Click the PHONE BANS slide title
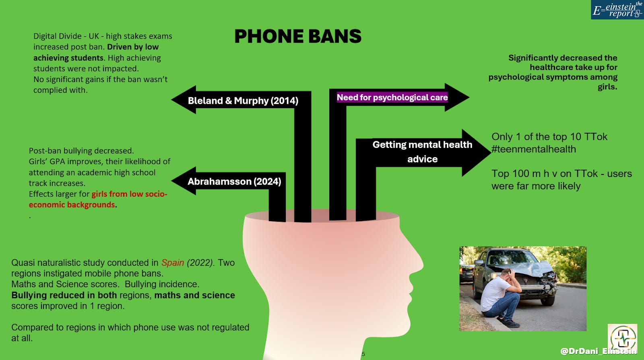298,36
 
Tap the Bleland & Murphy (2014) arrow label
243,101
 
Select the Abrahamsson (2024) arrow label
234,181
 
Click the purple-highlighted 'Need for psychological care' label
392,97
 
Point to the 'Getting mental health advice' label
422,152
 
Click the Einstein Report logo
617,10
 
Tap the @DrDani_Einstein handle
598,351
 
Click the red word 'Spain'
172,263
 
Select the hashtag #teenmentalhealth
534,149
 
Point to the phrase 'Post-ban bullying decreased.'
81,151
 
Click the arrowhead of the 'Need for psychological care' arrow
457,97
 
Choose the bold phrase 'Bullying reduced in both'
64,295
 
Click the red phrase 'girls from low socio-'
129,194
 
